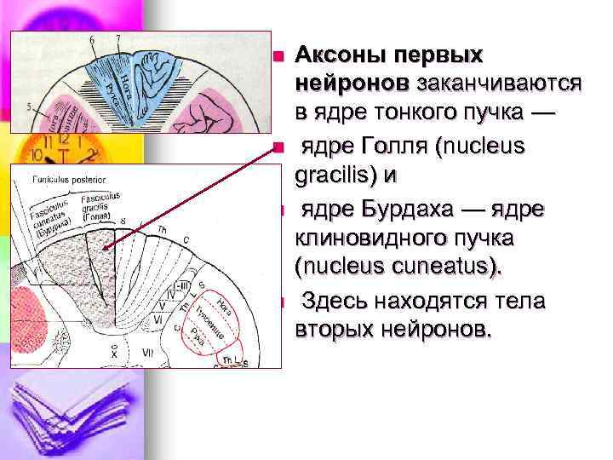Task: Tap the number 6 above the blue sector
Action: click(92, 40)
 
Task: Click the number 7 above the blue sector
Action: click(118, 38)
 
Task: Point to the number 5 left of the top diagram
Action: click(30, 106)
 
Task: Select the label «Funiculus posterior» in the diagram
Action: click(69, 180)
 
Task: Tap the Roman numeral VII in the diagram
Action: click(146, 353)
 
